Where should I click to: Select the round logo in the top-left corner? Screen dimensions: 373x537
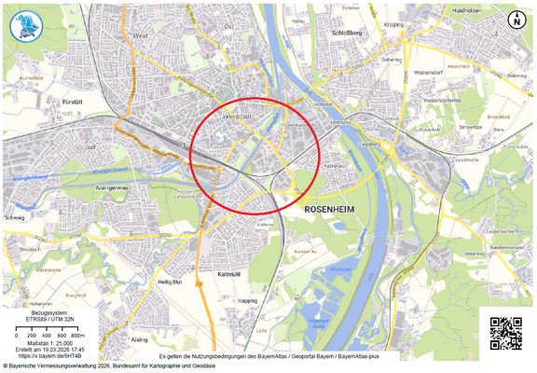pyautogui.click(x=27, y=25)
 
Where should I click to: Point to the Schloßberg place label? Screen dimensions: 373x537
pyautogui.click(x=347, y=31)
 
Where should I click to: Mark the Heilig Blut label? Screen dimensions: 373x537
pyautogui.click(x=171, y=282)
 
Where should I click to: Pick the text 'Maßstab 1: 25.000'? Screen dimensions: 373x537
pyautogui.click(x=55, y=341)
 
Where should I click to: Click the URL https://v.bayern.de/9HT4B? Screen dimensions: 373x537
pyautogui.click(x=55, y=356)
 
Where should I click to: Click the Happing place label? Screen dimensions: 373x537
pyautogui.click(x=248, y=301)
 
